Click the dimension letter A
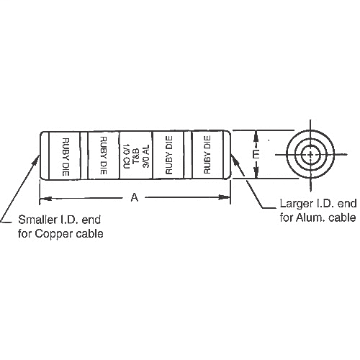tap(135, 198)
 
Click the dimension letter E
tap(256, 154)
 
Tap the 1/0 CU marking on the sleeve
tap(127, 156)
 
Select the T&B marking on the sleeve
tap(136, 156)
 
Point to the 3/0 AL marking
tap(146, 156)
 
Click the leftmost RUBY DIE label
tap(66, 156)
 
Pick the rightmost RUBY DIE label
tap(207, 155)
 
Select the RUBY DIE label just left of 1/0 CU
tap(103, 156)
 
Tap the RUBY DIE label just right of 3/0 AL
tap(169, 155)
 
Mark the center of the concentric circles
tap(310, 155)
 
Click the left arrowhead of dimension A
tap(46, 199)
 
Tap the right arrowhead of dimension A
tap(224, 197)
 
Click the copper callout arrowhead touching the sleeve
tap(36, 161)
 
